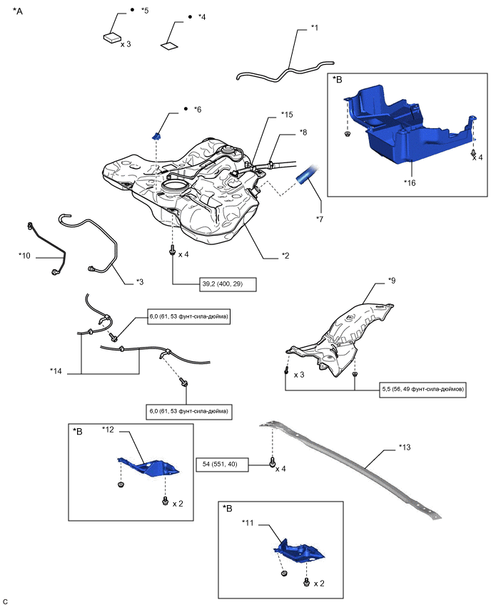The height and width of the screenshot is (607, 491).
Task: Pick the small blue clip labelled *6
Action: point(158,135)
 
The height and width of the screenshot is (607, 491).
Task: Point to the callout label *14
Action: point(56,370)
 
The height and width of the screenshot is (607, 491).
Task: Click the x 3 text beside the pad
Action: point(126,44)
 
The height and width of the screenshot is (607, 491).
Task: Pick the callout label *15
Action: point(287,114)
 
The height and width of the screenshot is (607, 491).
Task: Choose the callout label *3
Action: point(141,281)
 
